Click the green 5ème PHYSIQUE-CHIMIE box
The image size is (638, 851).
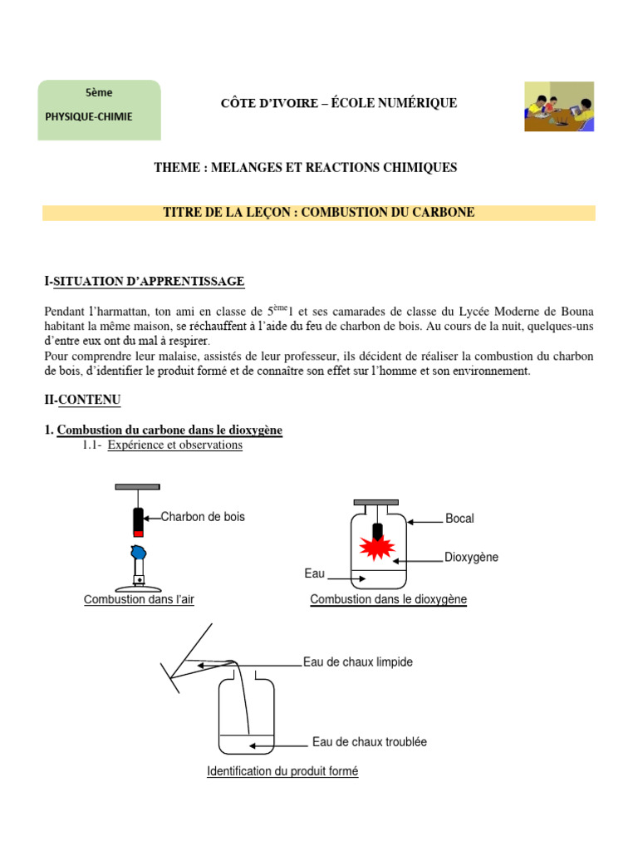coord(99,110)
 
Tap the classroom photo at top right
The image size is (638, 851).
coord(558,106)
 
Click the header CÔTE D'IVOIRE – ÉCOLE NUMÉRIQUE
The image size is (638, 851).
coord(338,103)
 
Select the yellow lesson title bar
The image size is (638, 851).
coord(319,213)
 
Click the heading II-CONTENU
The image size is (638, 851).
coord(82,400)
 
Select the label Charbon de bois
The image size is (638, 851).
coord(203,517)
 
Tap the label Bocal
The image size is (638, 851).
coord(459,519)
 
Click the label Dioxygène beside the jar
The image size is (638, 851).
coord(471,557)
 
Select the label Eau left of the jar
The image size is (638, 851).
coord(314,573)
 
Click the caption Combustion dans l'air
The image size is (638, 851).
coord(139,599)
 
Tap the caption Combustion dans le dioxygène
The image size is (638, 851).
coord(388,599)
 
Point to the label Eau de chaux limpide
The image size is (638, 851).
coord(357,662)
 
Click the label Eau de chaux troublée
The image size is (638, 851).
coord(369,741)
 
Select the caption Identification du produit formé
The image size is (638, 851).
coord(282,771)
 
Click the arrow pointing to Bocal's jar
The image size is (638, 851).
coord(424,521)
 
